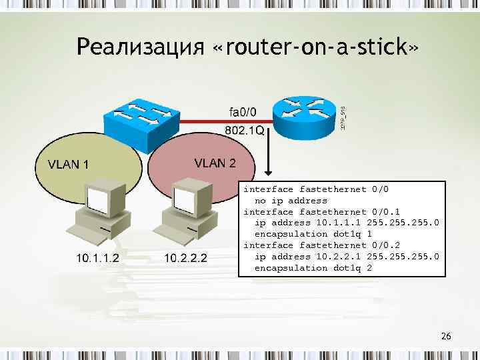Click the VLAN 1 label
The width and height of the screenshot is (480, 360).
[67, 164]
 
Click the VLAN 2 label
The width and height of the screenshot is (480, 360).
[214, 163]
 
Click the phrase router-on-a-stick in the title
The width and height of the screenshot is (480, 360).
[317, 47]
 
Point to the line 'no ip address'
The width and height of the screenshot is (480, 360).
[291, 200]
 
